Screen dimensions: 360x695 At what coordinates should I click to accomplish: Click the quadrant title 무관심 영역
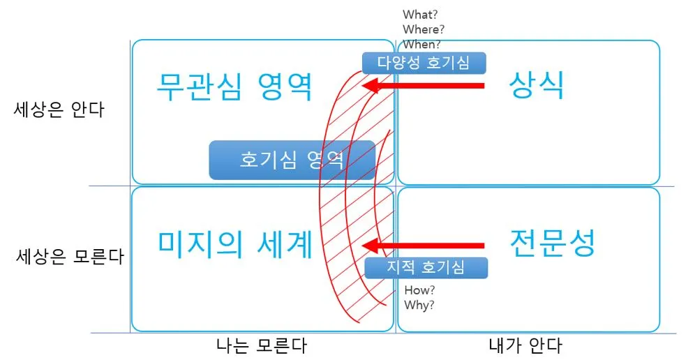pos(234,87)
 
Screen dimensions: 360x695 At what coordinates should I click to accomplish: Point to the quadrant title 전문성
pos(552,243)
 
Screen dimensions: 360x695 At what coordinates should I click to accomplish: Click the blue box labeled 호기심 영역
pos(292,160)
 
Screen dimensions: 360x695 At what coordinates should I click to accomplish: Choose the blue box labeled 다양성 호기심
pos(424,63)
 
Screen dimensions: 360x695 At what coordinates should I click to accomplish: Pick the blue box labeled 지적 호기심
pos(425,267)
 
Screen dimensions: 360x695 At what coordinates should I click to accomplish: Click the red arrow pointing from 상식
pos(425,86)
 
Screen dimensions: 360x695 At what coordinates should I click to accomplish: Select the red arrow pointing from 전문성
pos(425,246)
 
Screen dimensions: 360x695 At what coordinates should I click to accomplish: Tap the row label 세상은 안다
pos(59,110)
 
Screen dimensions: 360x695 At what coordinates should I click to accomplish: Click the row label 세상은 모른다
pos(69,256)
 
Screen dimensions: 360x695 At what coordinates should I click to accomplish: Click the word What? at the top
pos(420,15)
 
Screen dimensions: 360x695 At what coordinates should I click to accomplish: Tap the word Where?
pos(424,29)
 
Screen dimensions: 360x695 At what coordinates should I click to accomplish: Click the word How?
pos(420,290)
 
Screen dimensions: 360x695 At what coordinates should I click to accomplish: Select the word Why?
pos(419,304)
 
